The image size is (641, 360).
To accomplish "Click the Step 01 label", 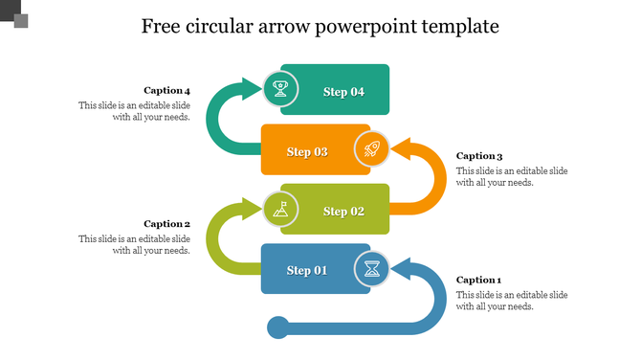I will click(x=307, y=271).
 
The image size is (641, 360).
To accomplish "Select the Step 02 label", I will click(x=343, y=211).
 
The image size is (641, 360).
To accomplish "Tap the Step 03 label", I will click(x=307, y=151).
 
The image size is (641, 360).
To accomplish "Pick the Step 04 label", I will click(x=343, y=92).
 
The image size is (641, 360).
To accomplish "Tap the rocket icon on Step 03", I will click(x=371, y=149).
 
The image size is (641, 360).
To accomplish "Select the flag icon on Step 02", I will click(x=280, y=208).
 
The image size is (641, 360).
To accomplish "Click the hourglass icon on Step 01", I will click(x=371, y=269).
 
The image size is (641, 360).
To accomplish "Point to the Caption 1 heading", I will click(x=478, y=280).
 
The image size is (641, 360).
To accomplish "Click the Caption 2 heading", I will click(x=167, y=223).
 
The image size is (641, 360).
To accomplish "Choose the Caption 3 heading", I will click(x=478, y=155).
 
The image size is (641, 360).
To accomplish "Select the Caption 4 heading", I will click(x=167, y=90).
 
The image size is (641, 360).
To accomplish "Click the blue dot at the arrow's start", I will click(x=277, y=328).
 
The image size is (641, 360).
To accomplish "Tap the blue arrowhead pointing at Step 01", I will click(x=401, y=269).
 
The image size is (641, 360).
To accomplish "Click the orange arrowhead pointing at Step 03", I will click(x=401, y=150).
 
